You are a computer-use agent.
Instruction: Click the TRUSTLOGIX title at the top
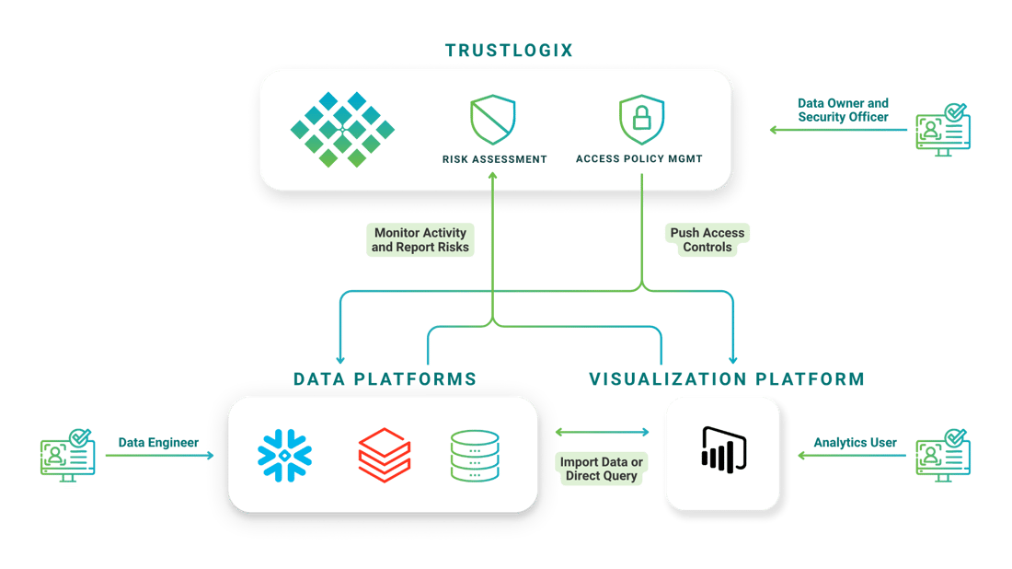coord(508,51)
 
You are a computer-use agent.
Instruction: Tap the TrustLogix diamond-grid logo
coord(341,129)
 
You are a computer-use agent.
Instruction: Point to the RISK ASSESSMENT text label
coord(495,159)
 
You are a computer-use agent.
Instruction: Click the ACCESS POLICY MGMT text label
coord(639,159)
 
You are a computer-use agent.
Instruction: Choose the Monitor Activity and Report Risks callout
coord(420,239)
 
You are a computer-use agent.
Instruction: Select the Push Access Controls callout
coord(707,239)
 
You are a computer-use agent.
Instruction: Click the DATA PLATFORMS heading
coord(385,378)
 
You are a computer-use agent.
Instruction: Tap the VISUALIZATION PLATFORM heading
coord(727,378)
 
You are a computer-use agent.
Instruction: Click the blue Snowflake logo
coord(285,456)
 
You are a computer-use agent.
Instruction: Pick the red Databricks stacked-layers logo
coord(384,456)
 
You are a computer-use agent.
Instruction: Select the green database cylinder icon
coord(475,456)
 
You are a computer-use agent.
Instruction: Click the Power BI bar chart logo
coord(723,452)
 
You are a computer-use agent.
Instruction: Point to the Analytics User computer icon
coord(943,456)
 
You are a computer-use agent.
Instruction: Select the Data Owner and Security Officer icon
coord(943,129)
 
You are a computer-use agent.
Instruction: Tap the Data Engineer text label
coord(158,443)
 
